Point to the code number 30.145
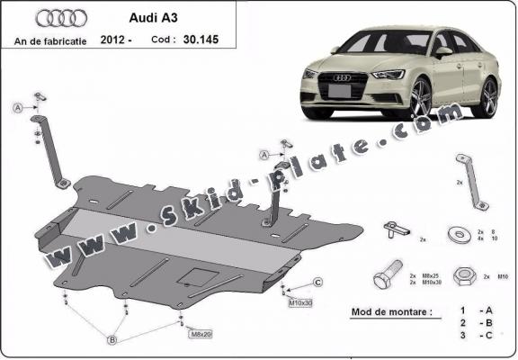point(201,40)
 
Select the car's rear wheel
point(488,97)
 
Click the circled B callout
point(112,338)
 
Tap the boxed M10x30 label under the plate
point(300,302)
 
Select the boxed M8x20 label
point(201,334)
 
